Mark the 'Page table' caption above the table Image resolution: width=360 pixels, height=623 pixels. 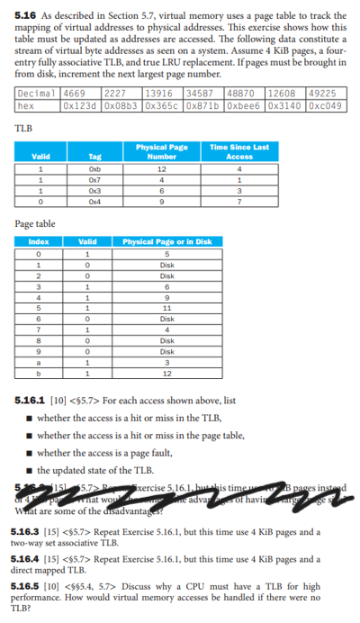(x=35, y=223)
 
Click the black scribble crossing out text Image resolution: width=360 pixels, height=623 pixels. (x=180, y=496)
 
